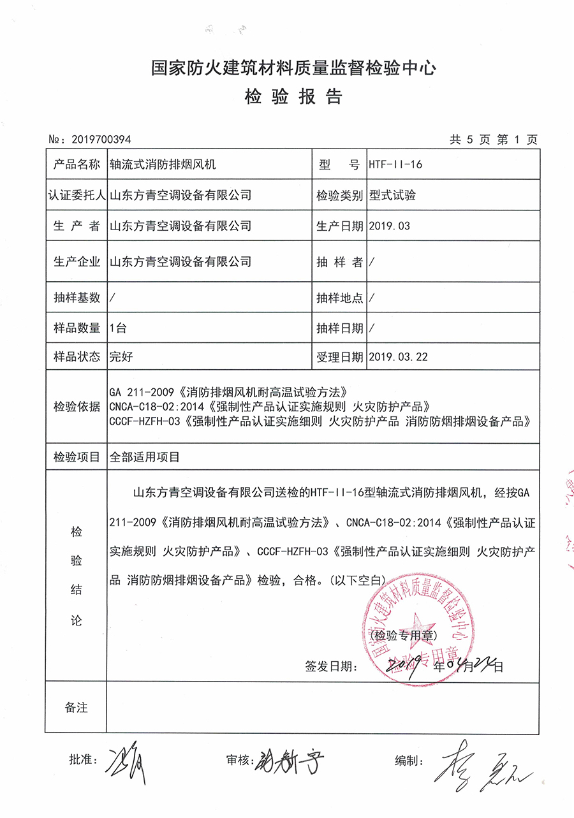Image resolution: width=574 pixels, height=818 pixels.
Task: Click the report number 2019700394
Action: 102,140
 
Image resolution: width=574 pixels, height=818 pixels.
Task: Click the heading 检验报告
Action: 293,97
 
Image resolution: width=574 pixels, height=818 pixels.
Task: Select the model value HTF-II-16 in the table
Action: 395,164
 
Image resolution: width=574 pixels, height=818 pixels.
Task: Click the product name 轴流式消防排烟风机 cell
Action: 163,164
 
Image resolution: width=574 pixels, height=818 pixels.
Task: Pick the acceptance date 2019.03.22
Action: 398,357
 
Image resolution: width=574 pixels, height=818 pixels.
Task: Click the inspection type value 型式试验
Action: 392,195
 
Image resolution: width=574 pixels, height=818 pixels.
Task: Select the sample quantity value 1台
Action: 118,328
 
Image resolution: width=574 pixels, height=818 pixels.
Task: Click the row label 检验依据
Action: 77,406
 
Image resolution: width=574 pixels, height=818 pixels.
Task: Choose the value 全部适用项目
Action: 145,456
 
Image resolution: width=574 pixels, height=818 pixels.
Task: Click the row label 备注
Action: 77,708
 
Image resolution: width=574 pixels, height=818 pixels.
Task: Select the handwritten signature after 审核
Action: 290,760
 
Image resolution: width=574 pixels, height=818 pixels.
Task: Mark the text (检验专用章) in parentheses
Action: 403,635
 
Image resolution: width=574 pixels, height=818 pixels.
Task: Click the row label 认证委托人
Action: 77,195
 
